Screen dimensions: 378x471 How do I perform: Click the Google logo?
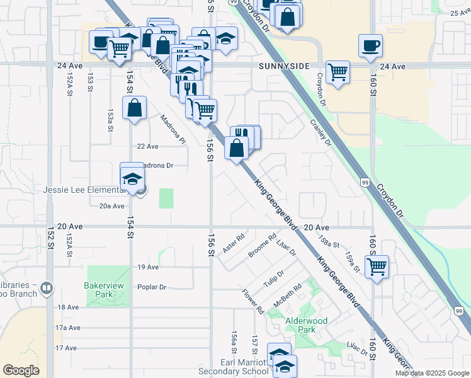coord(21,370)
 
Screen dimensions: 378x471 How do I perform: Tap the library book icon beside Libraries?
coord(46,289)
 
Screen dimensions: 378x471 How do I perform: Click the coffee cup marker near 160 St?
coord(370,45)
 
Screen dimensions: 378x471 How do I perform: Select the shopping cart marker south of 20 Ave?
coord(377,266)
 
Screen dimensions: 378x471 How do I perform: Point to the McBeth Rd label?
coord(288,295)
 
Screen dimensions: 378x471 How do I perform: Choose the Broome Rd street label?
coord(262,246)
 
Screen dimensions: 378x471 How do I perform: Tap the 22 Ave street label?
coord(148,146)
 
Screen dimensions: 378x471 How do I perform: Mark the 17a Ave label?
coord(68,328)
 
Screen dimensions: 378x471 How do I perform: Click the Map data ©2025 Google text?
coord(432,373)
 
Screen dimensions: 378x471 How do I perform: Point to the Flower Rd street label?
coord(253,302)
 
